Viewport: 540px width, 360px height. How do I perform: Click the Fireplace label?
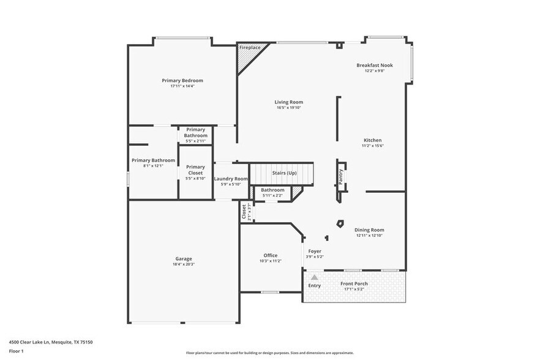point(250,47)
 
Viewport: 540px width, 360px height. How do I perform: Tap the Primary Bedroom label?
point(182,80)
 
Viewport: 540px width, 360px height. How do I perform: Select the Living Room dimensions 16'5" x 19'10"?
point(288,108)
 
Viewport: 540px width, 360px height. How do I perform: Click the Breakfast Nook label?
point(375,65)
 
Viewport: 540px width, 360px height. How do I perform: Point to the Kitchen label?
point(372,140)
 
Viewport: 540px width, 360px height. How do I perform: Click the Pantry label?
point(340,176)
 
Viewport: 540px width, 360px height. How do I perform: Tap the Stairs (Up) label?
point(284,173)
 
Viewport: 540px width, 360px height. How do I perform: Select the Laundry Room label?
point(231,179)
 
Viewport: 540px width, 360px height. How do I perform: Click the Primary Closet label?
point(195,170)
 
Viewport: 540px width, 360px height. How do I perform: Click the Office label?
point(270,255)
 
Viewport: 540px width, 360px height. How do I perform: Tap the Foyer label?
point(315,251)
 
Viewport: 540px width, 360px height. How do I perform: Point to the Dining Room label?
point(369,230)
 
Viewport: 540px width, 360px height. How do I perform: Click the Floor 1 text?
point(16,351)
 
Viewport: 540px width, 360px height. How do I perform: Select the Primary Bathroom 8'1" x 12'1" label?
point(153,160)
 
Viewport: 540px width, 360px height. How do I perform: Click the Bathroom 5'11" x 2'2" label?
point(272,190)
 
